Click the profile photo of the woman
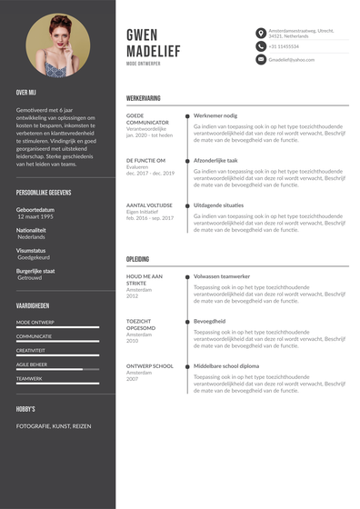[x=58, y=45]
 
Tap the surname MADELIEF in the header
[x=159, y=52]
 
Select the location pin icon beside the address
[x=261, y=33]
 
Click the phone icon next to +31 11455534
[x=261, y=46]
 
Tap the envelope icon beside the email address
[x=261, y=59]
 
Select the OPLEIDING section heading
[x=138, y=258]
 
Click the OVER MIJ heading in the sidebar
[x=25, y=92]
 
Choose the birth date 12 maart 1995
[x=36, y=216]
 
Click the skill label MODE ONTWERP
[x=35, y=322]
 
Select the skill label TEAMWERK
[x=29, y=378]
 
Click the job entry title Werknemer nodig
[x=215, y=115]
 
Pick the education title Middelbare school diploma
[x=226, y=365]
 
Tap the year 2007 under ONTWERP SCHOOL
[x=133, y=378]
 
